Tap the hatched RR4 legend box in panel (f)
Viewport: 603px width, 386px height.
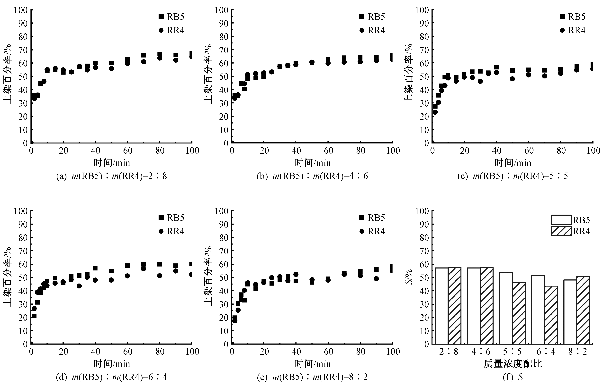[561, 231]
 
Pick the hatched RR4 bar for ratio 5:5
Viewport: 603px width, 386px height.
[519, 313]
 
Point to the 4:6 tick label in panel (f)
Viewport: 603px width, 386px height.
[481, 352]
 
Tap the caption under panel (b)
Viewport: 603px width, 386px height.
[312, 176]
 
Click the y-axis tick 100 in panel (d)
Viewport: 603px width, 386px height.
[21, 211]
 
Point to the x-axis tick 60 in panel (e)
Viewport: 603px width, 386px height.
[328, 352]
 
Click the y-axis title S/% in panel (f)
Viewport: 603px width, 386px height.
[409, 277]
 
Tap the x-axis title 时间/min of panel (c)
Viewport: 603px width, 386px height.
[513, 163]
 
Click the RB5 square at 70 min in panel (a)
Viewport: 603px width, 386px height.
[144, 55]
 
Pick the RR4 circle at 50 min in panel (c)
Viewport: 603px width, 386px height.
[512, 79]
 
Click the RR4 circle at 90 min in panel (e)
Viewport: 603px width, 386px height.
[376, 278]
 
